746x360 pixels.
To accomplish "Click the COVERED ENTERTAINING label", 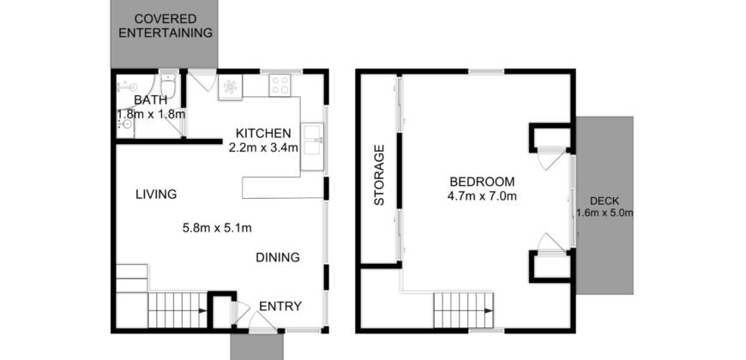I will click(x=165, y=26).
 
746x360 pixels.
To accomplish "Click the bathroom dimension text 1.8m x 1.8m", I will click(x=152, y=114).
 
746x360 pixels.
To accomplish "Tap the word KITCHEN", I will click(x=264, y=133).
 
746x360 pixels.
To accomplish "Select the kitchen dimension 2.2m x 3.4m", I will click(x=263, y=147).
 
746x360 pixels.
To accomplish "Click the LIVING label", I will click(x=156, y=195).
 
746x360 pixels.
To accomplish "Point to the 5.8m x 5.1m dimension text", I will click(x=217, y=228).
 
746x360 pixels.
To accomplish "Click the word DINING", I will click(x=278, y=257).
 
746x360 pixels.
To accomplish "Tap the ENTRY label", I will click(x=280, y=306).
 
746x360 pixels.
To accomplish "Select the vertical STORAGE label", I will click(x=378, y=176).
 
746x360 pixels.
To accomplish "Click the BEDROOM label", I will click(x=482, y=182).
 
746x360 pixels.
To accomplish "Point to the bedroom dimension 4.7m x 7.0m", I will click(x=482, y=196).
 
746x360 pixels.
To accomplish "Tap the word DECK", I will click(x=604, y=198).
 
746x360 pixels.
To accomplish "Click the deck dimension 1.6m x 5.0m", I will click(x=605, y=213).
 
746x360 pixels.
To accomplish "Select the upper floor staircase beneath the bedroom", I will click(x=464, y=309).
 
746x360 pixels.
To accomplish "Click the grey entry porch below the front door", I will click(x=255, y=346).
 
